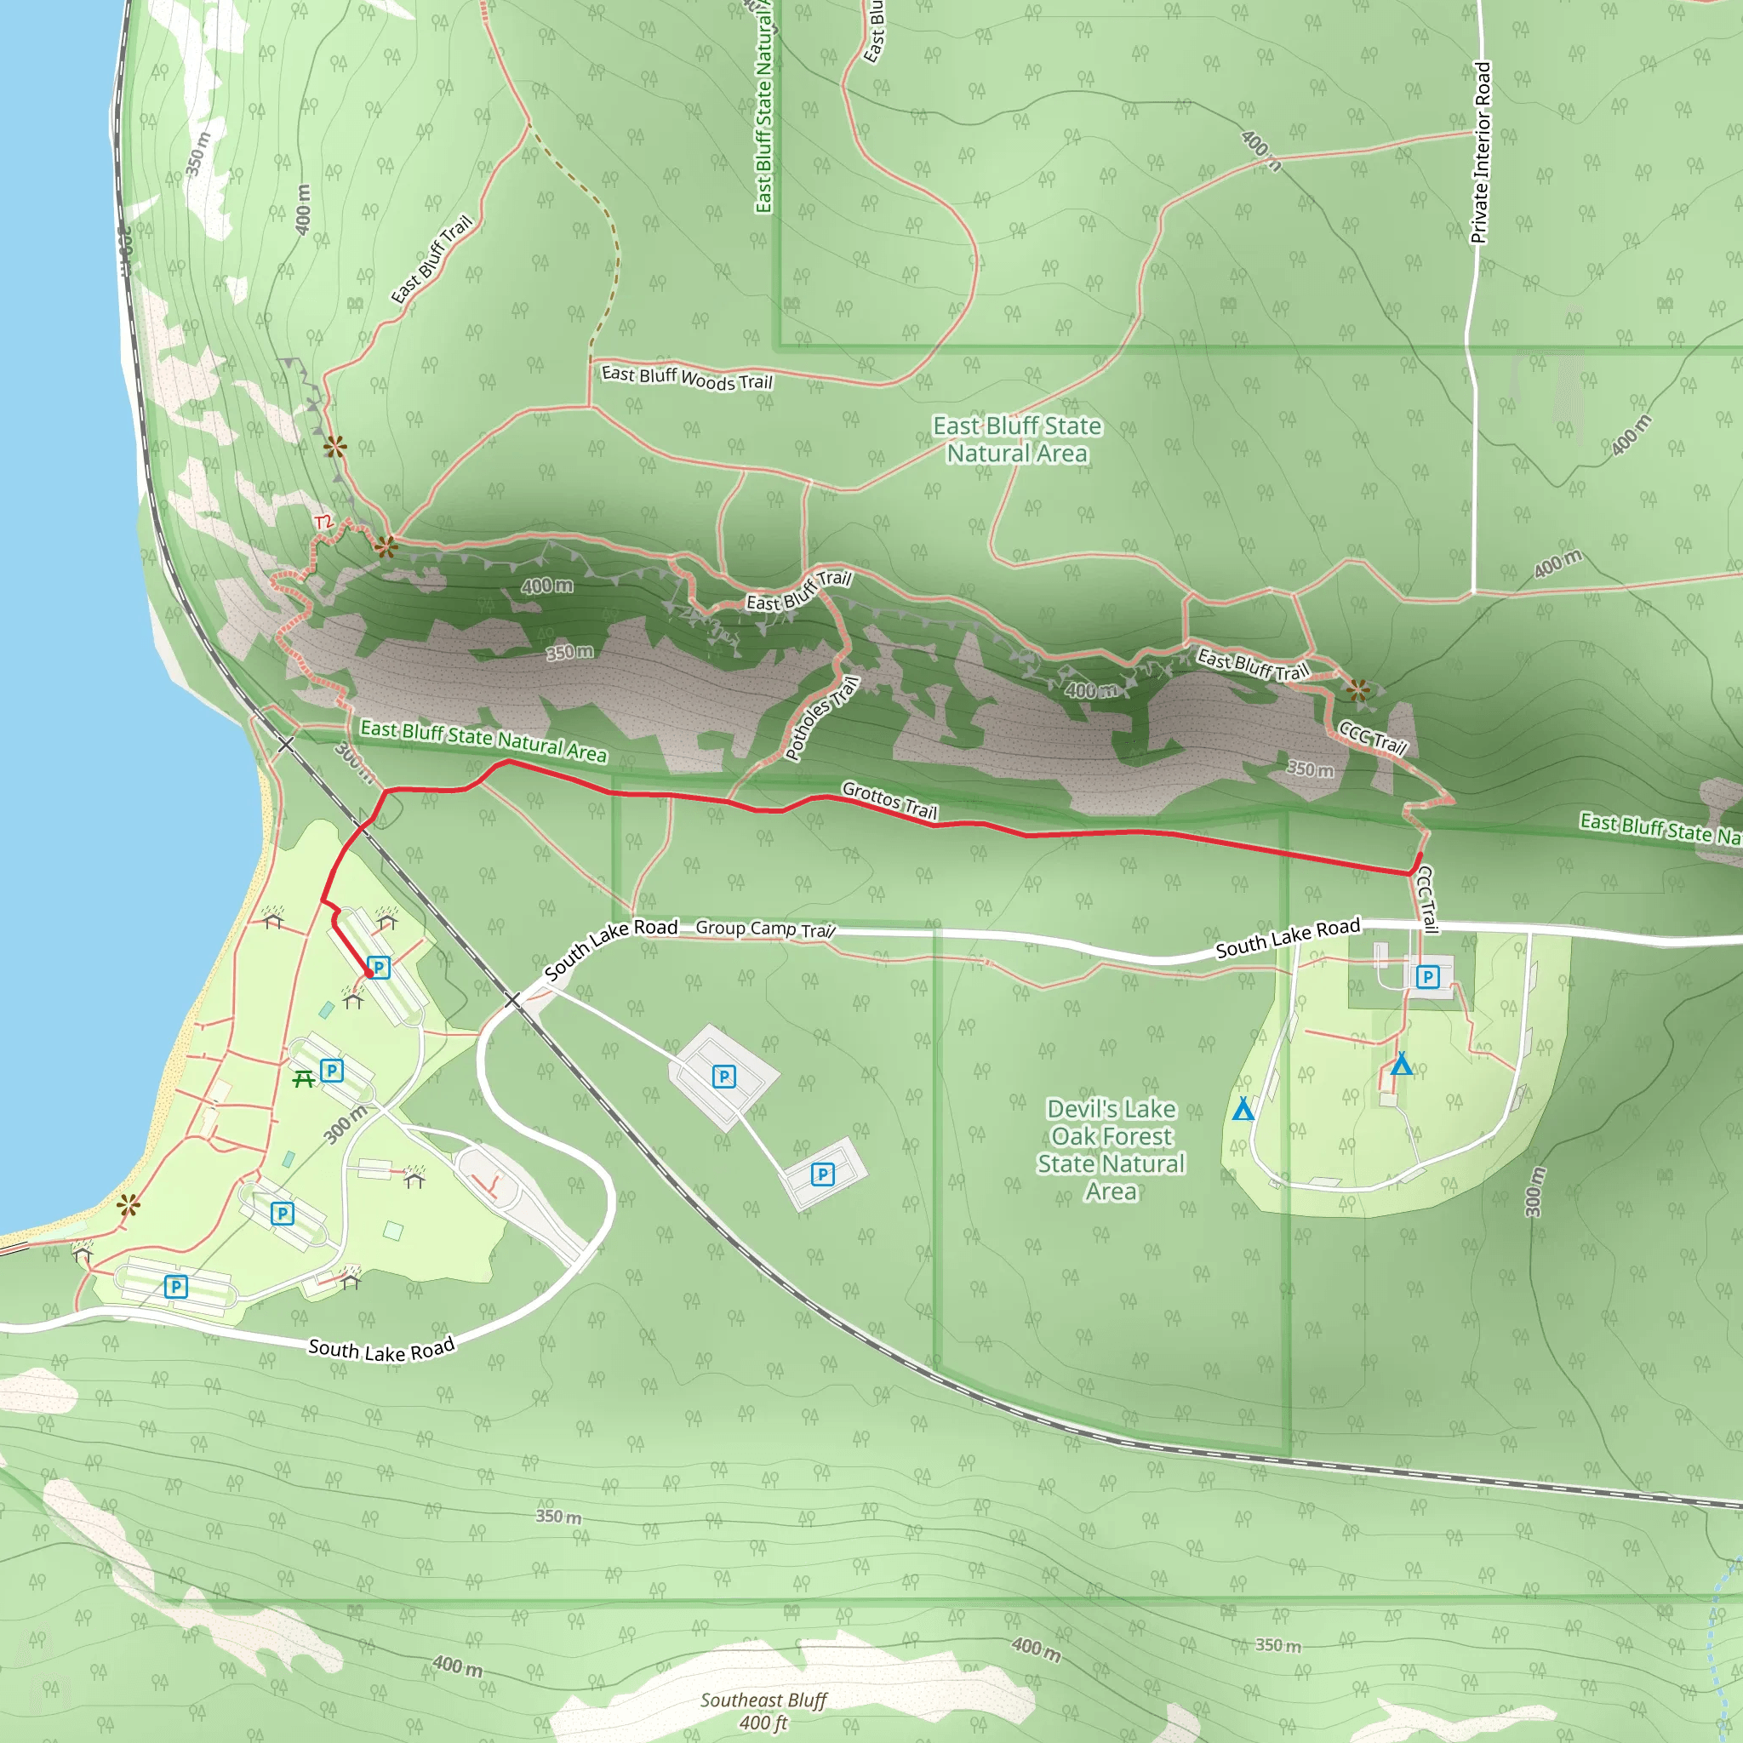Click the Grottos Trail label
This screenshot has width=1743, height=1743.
(x=889, y=800)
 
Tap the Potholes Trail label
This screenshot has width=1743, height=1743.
(x=822, y=718)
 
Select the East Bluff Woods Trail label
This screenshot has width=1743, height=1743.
(x=687, y=377)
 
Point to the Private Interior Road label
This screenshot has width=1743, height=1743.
(x=1481, y=152)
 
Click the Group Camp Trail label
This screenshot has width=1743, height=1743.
(x=765, y=929)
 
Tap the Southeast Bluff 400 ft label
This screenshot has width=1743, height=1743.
(x=763, y=1712)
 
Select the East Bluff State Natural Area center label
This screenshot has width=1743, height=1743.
(x=1017, y=439)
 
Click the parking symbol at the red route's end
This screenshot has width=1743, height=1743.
(x=379, y=968)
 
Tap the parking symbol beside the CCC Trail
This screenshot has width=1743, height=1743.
(x=1427, y=976)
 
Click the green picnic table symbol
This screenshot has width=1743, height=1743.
(x=303, y=1078)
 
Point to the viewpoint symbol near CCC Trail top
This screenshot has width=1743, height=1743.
(x=1357, y=690)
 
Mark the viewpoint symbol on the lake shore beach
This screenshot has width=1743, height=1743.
(x=129, y=1204)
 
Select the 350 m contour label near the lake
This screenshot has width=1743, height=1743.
(x=197, y=153)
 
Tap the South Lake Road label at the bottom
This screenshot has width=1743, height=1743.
(x=380, y=1351)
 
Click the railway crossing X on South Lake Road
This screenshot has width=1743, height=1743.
(x=512, y=1000)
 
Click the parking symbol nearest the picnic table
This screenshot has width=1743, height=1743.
(x=332, y=1071)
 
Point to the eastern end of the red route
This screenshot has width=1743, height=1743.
(x=1421, y=854)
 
